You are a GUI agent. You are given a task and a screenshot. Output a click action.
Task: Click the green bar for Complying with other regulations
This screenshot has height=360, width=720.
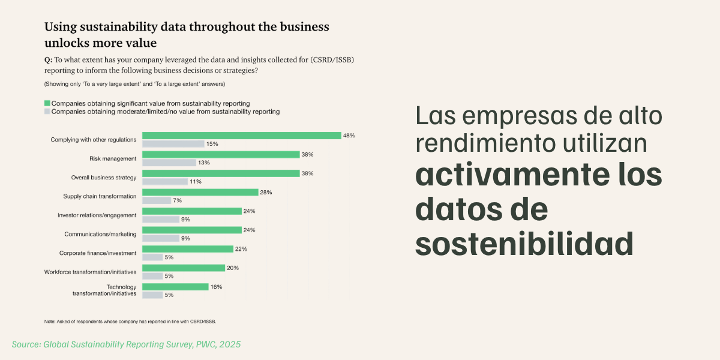coord(242,136)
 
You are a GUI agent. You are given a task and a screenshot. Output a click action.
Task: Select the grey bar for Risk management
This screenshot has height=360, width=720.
coord(169,163)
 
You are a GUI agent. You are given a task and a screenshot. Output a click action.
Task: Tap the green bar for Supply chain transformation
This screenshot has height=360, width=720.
coord(200,192)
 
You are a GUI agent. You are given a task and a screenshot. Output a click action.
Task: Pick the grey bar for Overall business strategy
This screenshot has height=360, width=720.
coord(165,182)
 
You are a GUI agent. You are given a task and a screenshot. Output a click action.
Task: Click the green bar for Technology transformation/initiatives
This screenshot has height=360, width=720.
coord(175,287)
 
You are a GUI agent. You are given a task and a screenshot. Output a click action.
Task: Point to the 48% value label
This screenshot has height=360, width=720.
coord(349,136)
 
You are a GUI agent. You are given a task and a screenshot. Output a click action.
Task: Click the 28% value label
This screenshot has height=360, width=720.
coord(266,192)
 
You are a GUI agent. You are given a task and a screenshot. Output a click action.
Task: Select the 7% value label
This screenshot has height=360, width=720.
coord(178,200)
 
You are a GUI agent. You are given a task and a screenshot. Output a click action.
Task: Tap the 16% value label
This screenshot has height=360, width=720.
coord(217,287)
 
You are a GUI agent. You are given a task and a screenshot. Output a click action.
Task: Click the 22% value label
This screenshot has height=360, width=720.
coord(241,249)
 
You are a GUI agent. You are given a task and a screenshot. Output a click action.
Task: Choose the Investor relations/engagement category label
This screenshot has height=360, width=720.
coord(97,215)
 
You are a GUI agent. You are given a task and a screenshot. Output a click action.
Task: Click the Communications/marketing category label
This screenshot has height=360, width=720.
coord(100,234)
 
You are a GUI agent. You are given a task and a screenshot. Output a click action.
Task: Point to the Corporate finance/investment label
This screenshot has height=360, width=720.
coord(98,253)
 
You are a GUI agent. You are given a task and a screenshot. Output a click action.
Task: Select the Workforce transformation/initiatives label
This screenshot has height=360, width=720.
coord(91,272)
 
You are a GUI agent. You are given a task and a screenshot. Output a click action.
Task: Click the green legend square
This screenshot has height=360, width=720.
coord(47,103)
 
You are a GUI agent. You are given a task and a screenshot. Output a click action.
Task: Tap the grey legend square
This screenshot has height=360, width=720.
coord(47,112)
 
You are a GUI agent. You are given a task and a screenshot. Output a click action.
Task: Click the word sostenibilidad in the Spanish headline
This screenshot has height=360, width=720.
coord(524,244)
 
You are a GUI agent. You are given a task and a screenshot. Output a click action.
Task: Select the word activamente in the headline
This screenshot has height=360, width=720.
coord(512,175)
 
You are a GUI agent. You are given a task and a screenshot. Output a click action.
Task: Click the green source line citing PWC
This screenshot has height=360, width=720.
coord(127,344)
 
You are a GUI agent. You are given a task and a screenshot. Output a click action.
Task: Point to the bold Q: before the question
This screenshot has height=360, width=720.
coord(48,60)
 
